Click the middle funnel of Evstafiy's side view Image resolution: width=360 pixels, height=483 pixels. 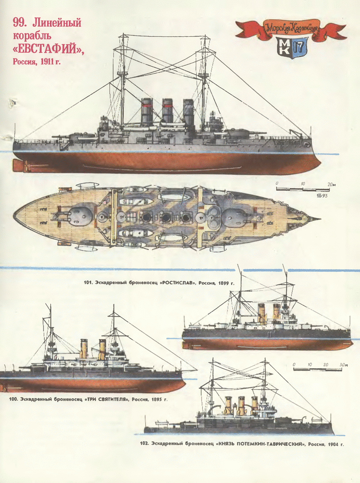[x=168, y=112]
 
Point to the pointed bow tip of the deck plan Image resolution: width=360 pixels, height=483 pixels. [x=317, y=219]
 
